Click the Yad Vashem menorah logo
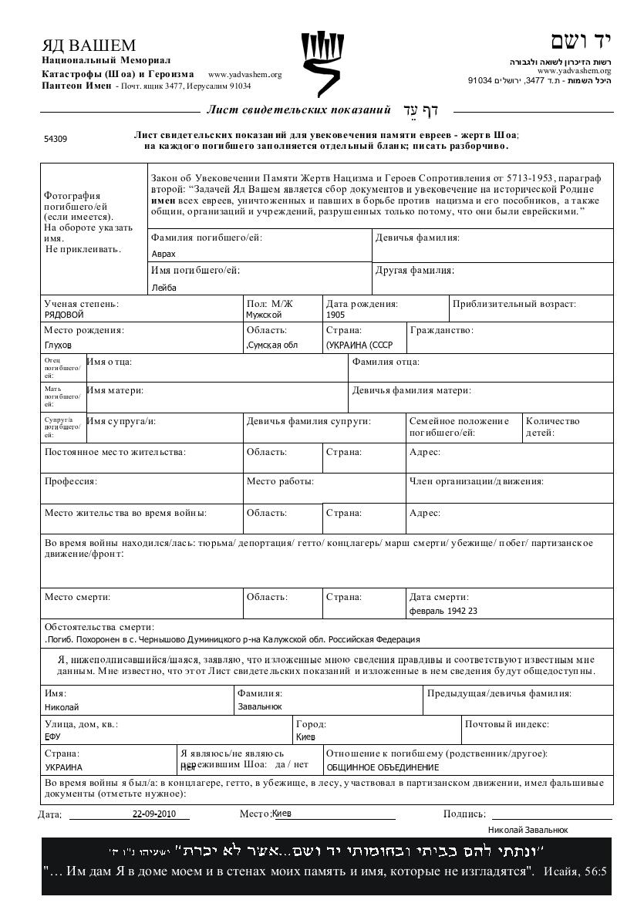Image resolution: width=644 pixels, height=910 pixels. click(322, 63)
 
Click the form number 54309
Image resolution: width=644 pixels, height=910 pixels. click(55, 140)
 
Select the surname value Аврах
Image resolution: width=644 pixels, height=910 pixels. click(164, 254)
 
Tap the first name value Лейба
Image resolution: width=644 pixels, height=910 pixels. click(164, 288)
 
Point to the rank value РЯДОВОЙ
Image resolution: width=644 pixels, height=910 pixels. click(63, 315)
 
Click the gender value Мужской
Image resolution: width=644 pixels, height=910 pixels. click(264, 315)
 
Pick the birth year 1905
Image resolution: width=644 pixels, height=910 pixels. click(335, 315)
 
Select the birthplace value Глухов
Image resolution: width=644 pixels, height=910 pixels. click(58, 345)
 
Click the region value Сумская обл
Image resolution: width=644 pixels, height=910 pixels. click(271, 345)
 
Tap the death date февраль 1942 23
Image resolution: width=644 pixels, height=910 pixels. click(443, 612)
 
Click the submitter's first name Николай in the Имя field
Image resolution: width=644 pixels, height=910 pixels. click(62, 707)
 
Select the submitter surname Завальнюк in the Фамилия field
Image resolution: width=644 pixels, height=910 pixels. click(259, 706)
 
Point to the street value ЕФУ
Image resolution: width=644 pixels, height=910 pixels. click(52, 737)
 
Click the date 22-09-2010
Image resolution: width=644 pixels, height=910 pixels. click(154, 814)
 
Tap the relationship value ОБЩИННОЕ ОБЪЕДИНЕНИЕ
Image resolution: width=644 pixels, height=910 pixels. click(383, 767)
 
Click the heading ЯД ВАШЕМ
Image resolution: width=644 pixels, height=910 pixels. click(89, 45)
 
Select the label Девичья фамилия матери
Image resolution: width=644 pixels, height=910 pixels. click(412, 391)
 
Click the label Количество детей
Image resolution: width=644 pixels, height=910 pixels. click(552, 426)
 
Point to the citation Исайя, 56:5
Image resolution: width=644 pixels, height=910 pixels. click(575, 872)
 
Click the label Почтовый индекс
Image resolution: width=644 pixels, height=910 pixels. click(506, 725)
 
